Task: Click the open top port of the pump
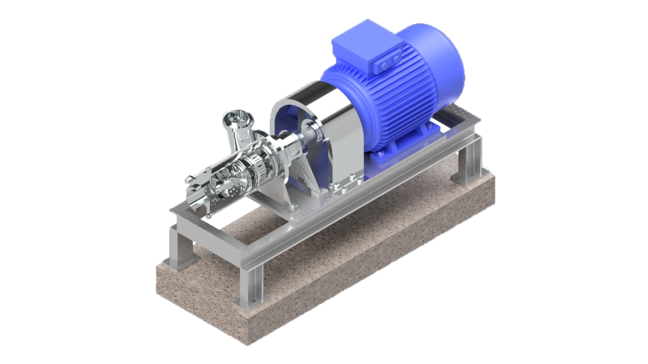point(237,118)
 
